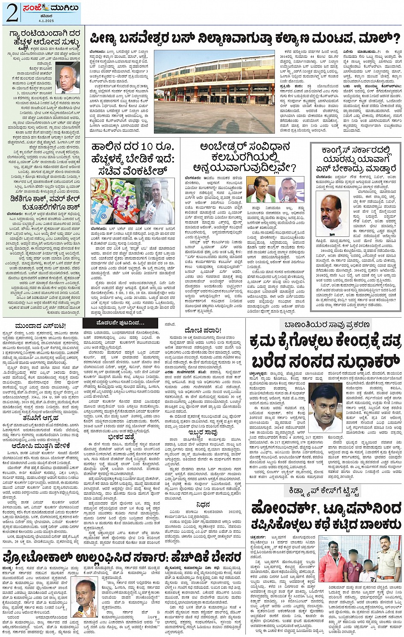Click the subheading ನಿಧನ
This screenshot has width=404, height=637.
[203, 504]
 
